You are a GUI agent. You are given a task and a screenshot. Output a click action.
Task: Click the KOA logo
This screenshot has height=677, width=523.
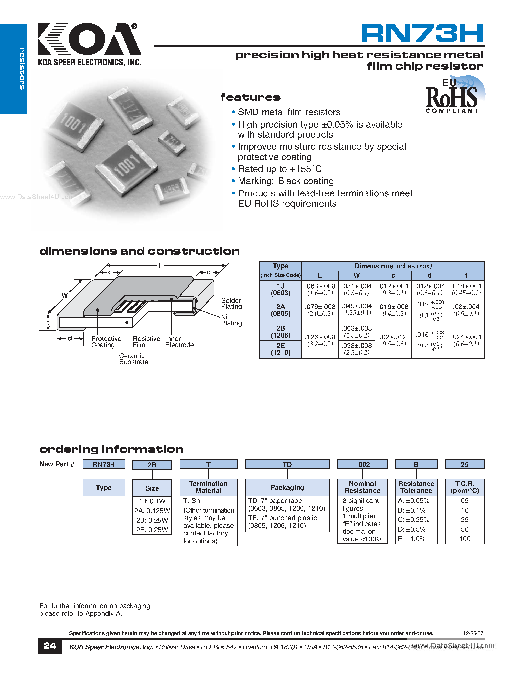pyautogui.click(x=89, y=39)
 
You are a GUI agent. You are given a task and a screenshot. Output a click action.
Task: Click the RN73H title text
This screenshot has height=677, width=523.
pyautogui.click(x=422, y=33)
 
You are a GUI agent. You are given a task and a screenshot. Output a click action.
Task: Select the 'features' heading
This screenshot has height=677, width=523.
pyautogui.click(x=250, y=97)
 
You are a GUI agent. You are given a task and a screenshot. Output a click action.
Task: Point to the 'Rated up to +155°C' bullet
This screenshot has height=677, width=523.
pyautogui.click(x=280, y=169)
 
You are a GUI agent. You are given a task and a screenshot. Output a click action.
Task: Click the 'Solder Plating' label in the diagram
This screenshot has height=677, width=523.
pyautogui.click(x=231, y=304)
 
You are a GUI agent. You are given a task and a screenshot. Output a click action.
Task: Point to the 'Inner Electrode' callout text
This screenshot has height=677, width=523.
pyautogui.click(x=179, y=342)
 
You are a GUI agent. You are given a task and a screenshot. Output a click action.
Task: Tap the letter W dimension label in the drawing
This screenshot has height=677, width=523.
pyautogui.click(x=64, y=295)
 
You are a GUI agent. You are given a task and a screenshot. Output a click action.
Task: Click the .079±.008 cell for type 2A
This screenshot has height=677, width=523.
pyautogui.click(x=320, y=310)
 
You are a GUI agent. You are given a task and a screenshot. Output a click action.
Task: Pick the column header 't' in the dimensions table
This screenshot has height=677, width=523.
pyautogui.click(x=466, y=275)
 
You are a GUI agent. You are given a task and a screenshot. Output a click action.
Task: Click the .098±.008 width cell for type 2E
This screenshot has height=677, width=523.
pyautogui.click(x=356, y=349)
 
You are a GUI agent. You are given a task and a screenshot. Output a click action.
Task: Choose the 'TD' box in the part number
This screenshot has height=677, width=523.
pyautogui.click(x=287, y=464)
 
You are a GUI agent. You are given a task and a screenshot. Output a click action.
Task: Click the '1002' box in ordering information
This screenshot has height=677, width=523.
pyautogui.click(x=362, y=464)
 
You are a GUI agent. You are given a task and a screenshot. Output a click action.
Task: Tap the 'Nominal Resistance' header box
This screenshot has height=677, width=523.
pyautogui.click(x=362, y=487)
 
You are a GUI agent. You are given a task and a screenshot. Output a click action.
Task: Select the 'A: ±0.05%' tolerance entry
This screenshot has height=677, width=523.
pyautogui.click(x=413, y=501)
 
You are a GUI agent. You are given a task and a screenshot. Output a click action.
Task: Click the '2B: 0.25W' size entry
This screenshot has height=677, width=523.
pyautogui.click(x=152, y=520)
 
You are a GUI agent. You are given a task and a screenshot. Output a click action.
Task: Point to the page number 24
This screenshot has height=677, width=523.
pyautogui.click(x=50, y=646)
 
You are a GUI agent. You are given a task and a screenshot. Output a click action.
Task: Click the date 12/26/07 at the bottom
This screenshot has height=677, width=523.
pyautogui.click(x=473, y=633)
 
